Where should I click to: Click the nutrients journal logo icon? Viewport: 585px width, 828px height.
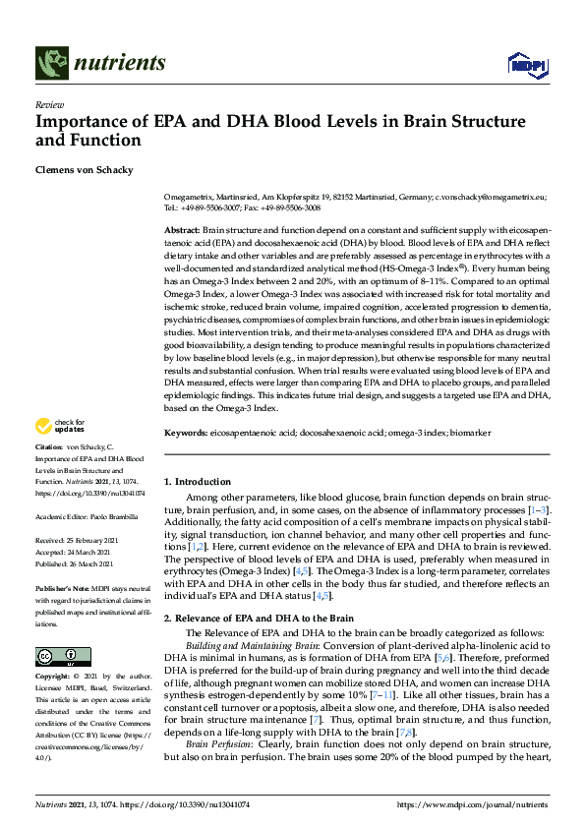click(x=50, y=64)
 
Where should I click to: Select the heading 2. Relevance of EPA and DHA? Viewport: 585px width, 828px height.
click(x=258, y=618)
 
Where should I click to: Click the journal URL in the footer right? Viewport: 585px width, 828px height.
click(x=472, y=804)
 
